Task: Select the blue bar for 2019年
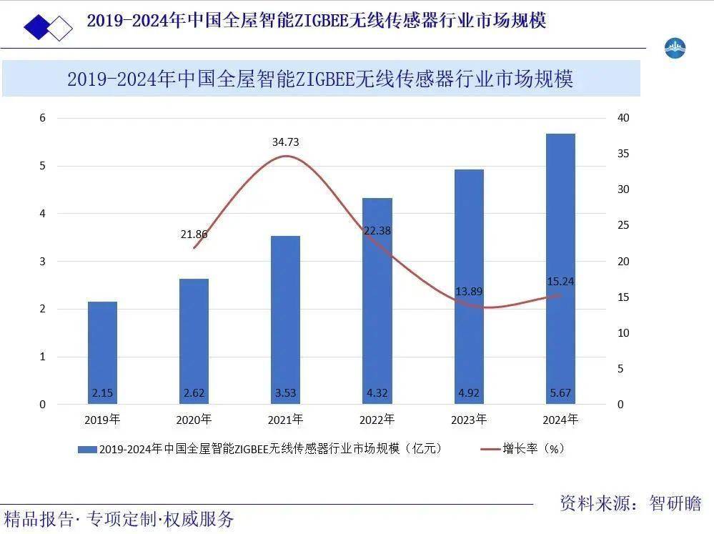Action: (102, 352)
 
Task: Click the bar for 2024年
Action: (560, 269)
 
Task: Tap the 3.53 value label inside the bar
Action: (285, 392)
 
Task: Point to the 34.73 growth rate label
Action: (285, 142)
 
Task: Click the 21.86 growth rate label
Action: (194, 234)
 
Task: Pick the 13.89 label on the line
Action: (469, 291)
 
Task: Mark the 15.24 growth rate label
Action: (560, 282)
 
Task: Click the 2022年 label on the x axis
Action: (377, 420)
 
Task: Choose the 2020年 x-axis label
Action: (194, 420)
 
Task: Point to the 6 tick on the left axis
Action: (42, 118)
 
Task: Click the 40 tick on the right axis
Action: (623, 118)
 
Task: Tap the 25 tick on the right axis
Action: (623, 225)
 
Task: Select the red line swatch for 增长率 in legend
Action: (490, 449)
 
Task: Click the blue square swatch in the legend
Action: (87, 450)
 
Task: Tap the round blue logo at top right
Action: (675, 49)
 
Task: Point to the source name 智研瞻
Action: (675, 503)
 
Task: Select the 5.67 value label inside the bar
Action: (560, 392)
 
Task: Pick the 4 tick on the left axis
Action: (42, 214)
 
